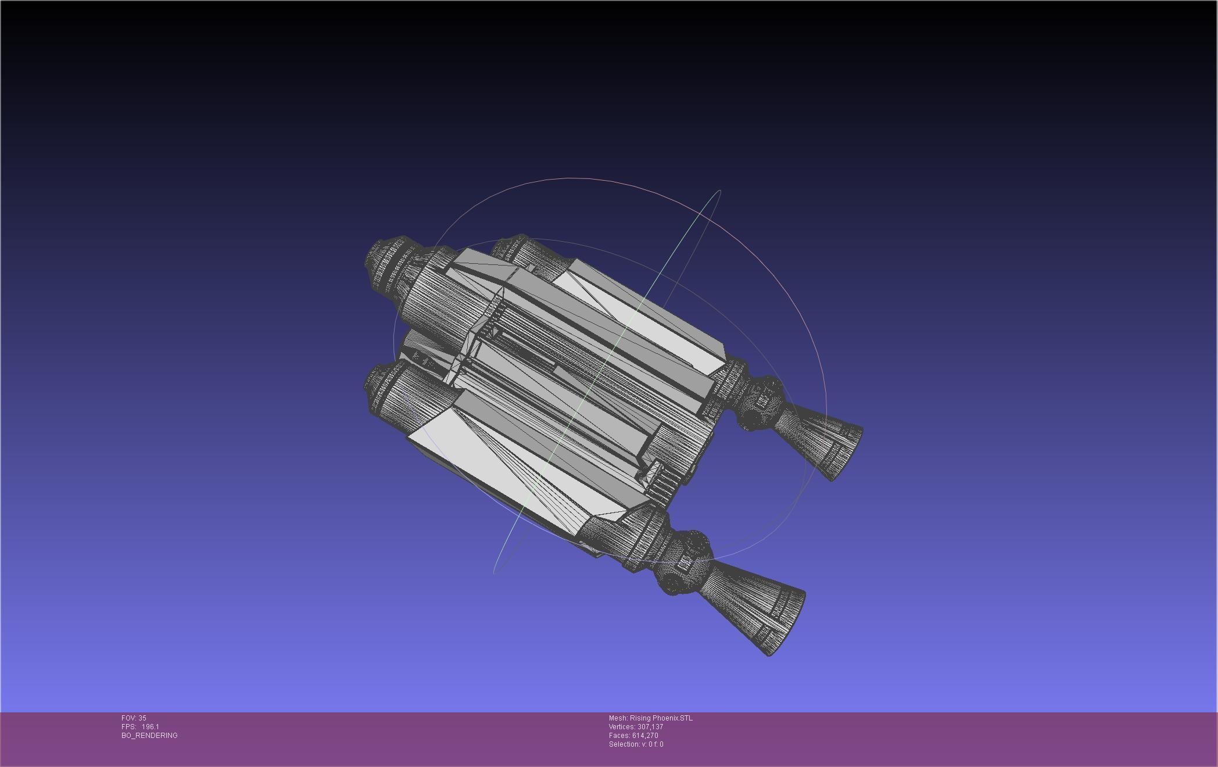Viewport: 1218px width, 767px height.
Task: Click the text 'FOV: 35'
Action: (x=134, y=718)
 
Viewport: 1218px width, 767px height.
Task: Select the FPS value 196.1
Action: (x=150, y=727)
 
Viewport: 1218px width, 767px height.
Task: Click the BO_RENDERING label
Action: (x=149, y=736)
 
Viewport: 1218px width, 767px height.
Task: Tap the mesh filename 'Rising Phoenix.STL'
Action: (x=661, y=718)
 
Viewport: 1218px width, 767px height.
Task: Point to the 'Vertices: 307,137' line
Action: (x=636, y=727)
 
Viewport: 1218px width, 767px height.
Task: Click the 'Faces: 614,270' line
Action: (x=633, y=736)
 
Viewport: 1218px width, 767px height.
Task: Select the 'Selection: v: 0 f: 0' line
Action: (x=636, y=744)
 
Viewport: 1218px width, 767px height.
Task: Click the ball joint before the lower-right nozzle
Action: (x=683, y=561)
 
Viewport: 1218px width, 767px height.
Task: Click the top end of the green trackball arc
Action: (x=719, y=191)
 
